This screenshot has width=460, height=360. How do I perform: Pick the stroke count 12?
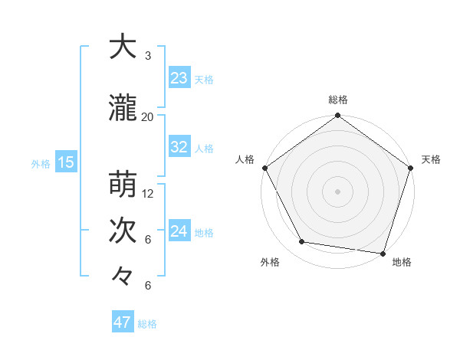(x=148, y=193)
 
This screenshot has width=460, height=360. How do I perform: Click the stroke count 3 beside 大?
(x=148, y=56)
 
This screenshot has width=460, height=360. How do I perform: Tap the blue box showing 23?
(x=179, y=78)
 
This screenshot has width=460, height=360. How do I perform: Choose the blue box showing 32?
(x=179, y=147)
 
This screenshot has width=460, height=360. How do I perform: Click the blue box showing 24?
(x=179, y=231)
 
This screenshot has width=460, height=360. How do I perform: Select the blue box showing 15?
(x=65, y=162)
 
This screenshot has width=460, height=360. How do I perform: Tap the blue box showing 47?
(x=122, y=322)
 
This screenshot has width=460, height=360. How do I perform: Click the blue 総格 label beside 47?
(x=147, y=324)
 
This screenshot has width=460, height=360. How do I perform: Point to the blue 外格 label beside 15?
(x=41, y=163)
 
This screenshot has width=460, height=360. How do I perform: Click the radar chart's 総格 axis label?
(x=338, y=100)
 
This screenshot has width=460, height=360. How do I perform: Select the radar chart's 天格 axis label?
(x=431, y=159)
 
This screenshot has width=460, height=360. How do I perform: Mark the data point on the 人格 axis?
(x=265, y=168)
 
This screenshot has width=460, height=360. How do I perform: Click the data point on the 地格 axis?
(x=383, y=253)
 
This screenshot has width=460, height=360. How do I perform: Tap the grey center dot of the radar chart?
(x=338, y=191)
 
